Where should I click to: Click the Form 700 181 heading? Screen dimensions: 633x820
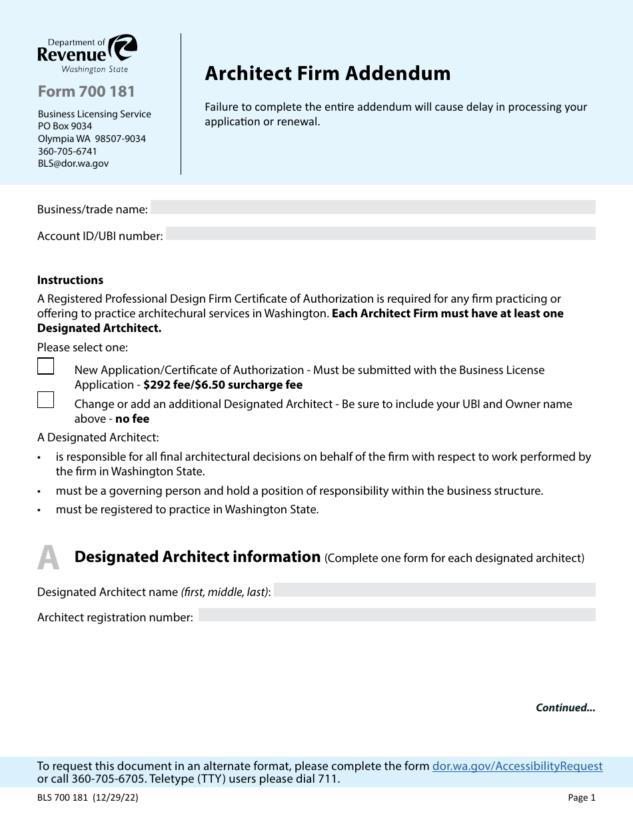point(86,91)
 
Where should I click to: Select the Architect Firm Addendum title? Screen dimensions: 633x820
point(327,73)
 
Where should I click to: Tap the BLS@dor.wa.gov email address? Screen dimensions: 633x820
point(73,163)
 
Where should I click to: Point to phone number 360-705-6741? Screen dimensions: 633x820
point(67,151)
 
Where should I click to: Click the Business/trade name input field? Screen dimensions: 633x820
point(372,207)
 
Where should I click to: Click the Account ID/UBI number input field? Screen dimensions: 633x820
point(380,234)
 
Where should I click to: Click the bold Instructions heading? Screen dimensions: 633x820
point(70,280)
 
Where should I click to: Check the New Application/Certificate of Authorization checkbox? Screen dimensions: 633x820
point(46,367)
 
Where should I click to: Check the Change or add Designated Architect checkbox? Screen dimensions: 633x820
point(46,400)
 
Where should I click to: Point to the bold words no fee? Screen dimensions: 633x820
point(132,419)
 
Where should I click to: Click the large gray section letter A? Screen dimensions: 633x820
point(48,559)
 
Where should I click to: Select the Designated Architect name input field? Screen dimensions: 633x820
point(434,590)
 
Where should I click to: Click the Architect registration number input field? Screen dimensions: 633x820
point(396,615)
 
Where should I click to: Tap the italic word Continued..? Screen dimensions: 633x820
point(565,708)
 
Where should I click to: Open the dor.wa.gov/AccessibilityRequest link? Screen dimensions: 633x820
point(517,766)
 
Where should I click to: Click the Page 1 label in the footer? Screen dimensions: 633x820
point(582,797)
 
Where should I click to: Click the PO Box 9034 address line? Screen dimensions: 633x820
point(65,126)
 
